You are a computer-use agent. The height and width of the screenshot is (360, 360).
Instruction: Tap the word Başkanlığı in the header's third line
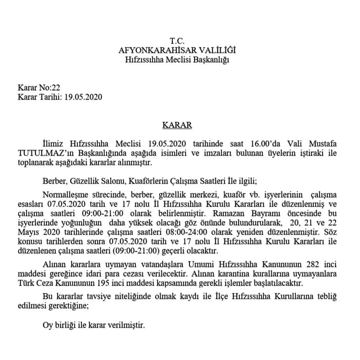pyautogui.click(x=213, y=60)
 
